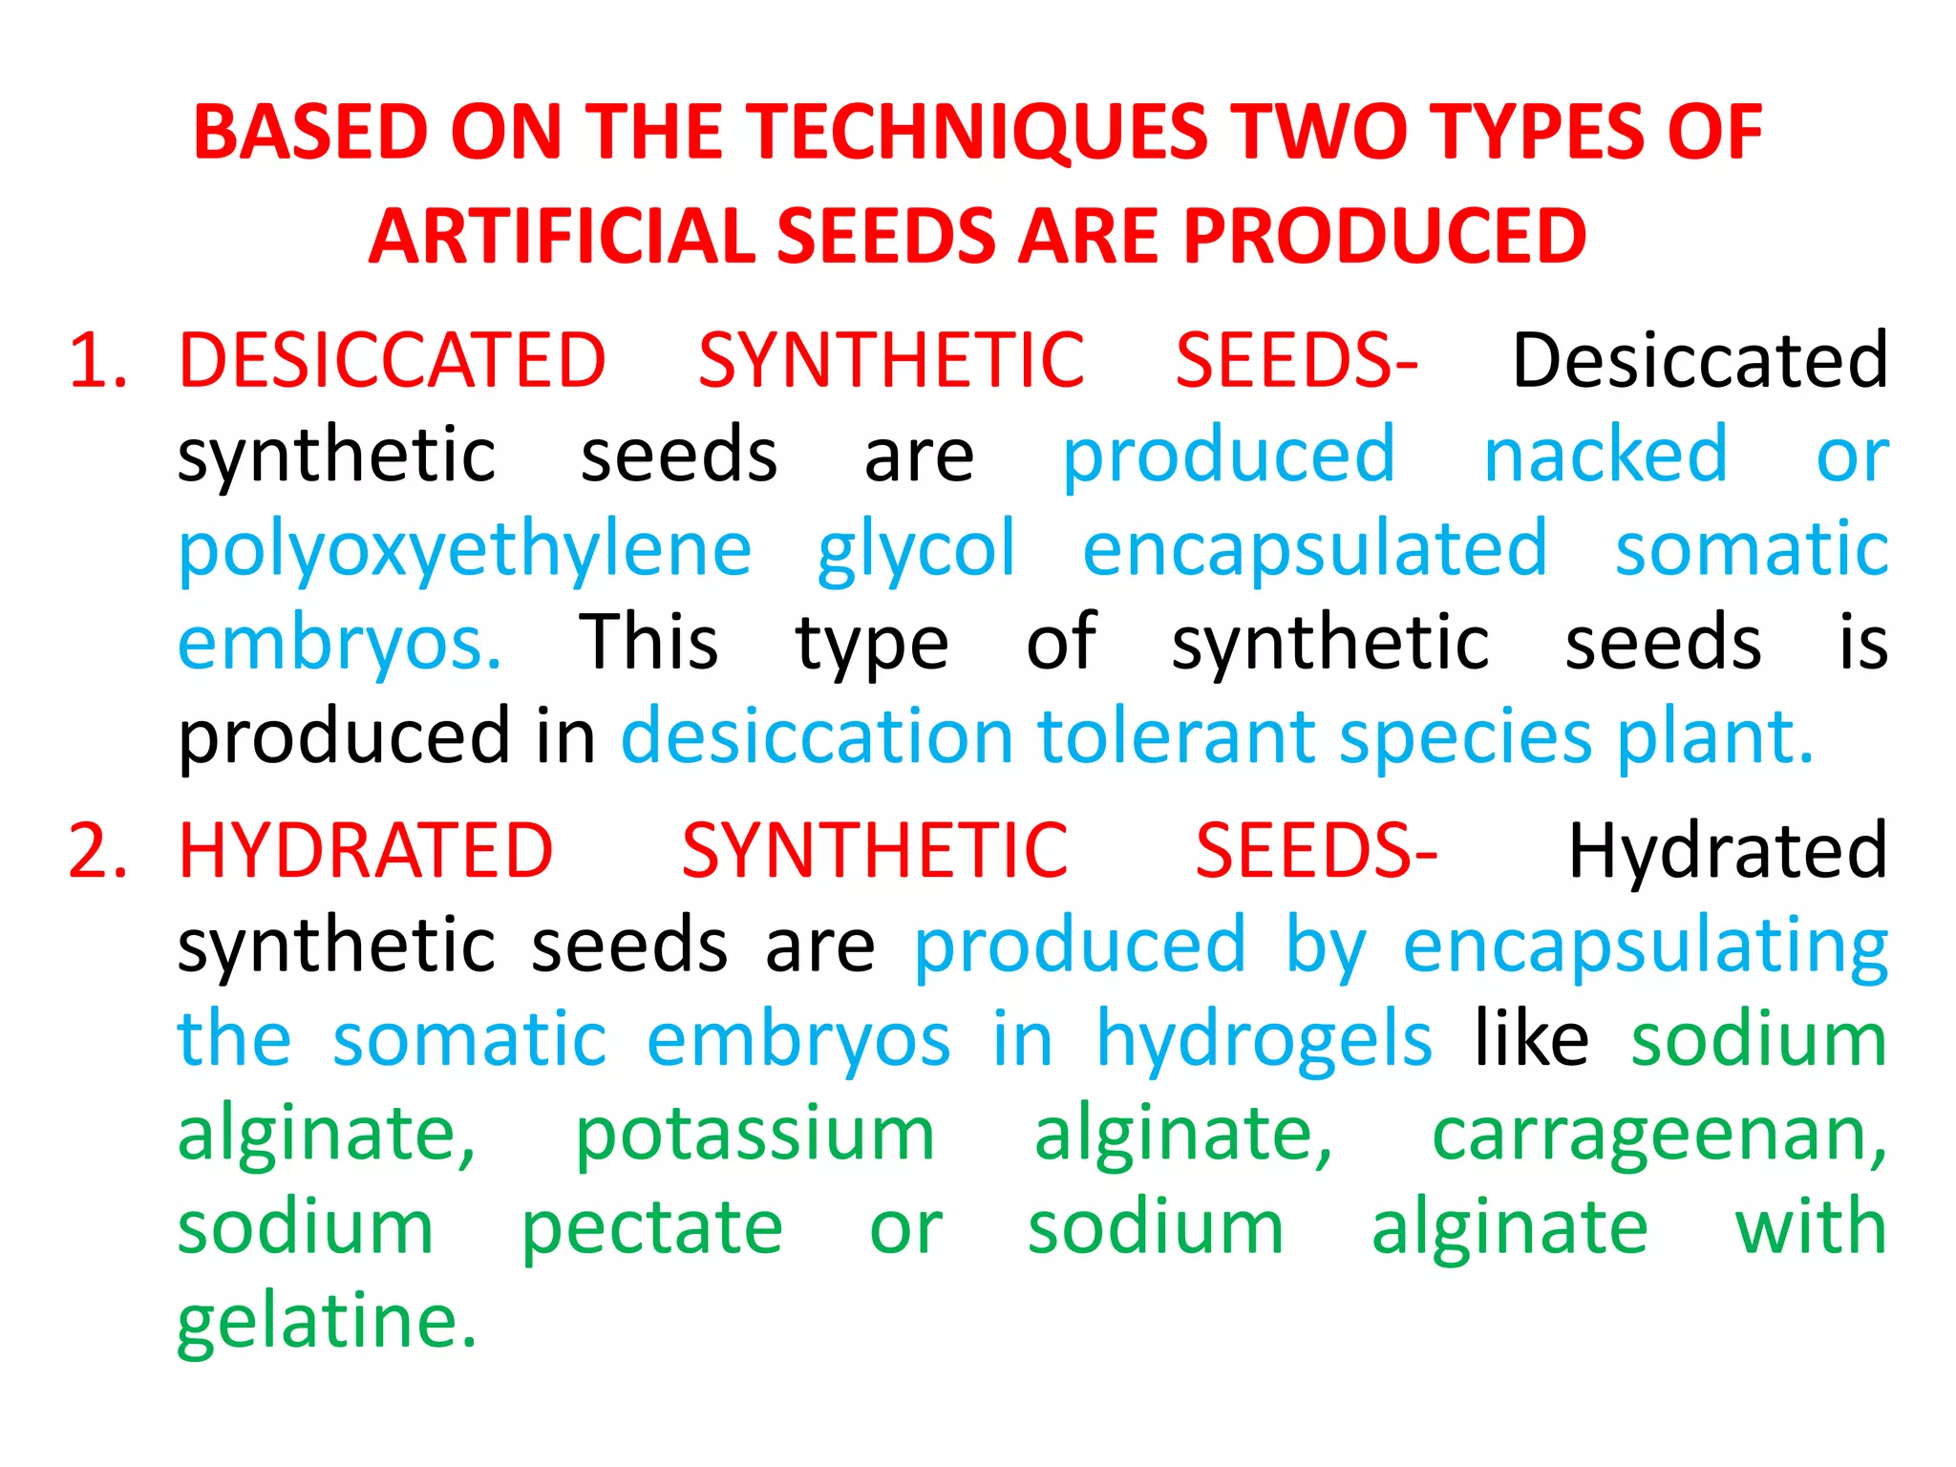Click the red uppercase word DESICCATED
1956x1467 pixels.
point(393,361)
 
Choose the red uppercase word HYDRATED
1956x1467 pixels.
point(366,851)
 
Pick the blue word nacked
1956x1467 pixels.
point(1605,455)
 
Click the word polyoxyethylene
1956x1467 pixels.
point(465,551)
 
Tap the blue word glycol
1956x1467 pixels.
point(916,551)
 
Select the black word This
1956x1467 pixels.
point(648,643)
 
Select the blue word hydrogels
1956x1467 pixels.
point(1264,1040)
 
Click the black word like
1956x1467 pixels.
point(1531,1038)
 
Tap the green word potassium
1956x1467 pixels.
point(755,1136)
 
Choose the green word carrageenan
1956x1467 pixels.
point(1659,1136)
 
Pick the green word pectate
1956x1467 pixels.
point(651,1228)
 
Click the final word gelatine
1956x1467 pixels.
point(327,1323)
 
